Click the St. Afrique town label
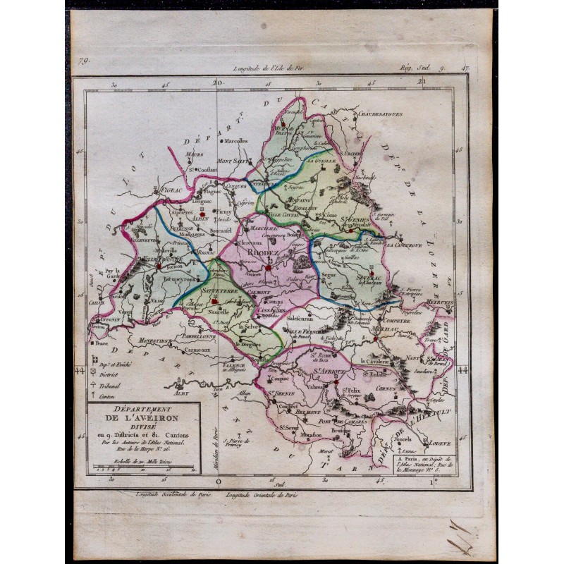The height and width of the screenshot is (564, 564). click(326, 370)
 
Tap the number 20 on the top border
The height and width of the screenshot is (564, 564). click(217, 82)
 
